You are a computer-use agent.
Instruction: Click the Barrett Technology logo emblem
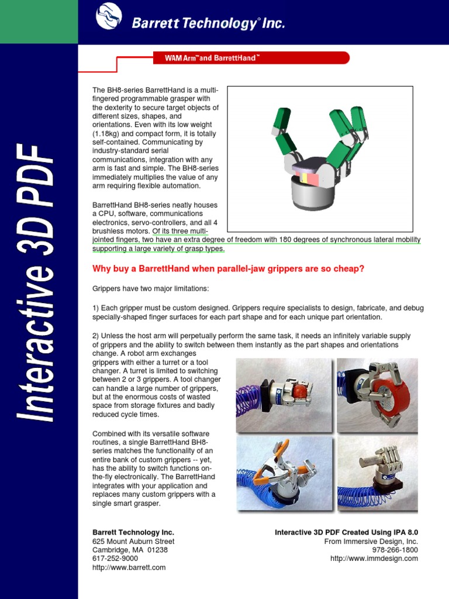[x=110, y=19]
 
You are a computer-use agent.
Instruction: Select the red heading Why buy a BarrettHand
[x=229, y=268]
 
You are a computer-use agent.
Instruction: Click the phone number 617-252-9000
[x=115, y=559]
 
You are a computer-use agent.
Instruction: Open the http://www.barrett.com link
[x=129, y=567]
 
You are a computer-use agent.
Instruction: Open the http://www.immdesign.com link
[x=374, y=559]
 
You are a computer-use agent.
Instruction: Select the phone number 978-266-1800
[x=395, y=550]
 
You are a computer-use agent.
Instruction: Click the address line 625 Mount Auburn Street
[x=133, y=541]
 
